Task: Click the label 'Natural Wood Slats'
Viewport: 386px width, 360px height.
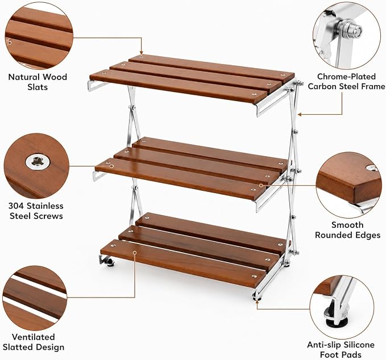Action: click(x=38, y=82)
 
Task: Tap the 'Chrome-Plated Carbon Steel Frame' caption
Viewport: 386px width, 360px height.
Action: click(x=346, y=81)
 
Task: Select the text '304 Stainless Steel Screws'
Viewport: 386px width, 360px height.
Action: click(x=36, y=211)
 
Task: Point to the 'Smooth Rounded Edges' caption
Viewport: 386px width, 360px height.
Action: click(x=347, y=230)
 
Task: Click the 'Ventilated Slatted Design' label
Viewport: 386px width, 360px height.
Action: click(x=34, y=342)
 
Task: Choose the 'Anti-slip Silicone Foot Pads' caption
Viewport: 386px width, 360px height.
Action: click(x=341, y=349)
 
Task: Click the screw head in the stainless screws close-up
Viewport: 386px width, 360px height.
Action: click(x=38, y=162)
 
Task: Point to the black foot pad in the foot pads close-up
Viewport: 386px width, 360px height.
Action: click(x=337, y=321)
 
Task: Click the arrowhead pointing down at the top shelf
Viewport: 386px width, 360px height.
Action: click(x=142, y=53)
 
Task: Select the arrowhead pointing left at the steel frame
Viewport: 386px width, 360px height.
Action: click(x=300, y=114)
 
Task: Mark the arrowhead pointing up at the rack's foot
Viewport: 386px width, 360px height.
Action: click(x=257, y=301)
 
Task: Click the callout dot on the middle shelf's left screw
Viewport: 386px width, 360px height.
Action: click(x=111, y=166)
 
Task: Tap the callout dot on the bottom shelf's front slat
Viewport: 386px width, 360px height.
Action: click(x=135, y=253)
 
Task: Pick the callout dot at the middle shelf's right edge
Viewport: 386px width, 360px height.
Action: click(x=261, y=186)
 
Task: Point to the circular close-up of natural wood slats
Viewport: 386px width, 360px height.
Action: click(x=39, y=36)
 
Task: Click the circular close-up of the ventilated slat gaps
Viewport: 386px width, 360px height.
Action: click(x=35, y=298)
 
